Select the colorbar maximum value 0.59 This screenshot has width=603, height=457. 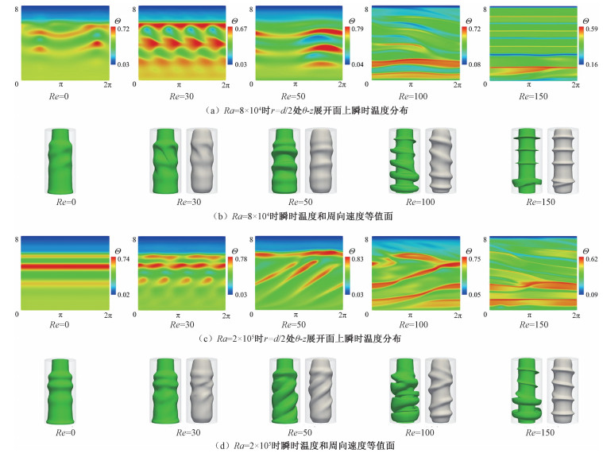589,29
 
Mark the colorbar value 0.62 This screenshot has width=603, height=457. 589,261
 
